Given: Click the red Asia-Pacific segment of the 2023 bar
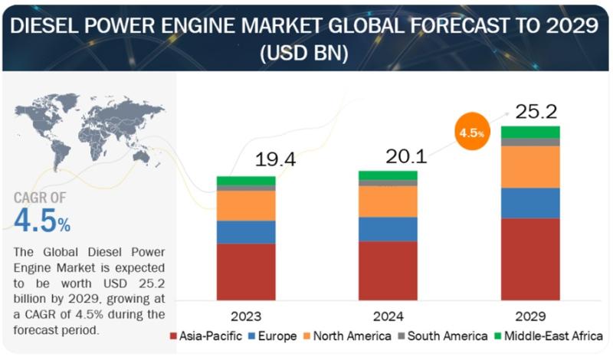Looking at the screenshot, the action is (x=246, y=272).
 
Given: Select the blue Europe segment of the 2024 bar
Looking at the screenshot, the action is (x=388, y=230).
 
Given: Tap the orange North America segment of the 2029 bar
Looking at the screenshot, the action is (x=530, y=167).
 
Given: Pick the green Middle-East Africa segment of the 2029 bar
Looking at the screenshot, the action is (x=530, y=132).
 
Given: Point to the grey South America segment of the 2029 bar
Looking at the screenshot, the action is (x=530, y=142).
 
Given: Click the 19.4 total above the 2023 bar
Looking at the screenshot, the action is (x=275, y=159).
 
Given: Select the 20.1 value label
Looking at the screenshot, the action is (x=406, y=157).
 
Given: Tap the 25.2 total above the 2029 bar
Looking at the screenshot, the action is (x=536, y=112).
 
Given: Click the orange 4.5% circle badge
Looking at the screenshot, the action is (x=472, y=131).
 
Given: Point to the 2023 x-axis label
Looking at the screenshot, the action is (x=246, y=316).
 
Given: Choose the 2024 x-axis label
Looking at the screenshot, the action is (x=388, y=316).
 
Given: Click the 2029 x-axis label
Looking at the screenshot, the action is (x=530, y=316).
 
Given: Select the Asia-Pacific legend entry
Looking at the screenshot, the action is (x=206, y=336).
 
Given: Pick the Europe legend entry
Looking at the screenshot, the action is (x=273, y=336).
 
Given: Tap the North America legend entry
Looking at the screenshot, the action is (x=347, y=336).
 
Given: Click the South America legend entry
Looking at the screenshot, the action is (x=443, y=336).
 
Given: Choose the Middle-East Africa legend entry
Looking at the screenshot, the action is (x=549, y=336).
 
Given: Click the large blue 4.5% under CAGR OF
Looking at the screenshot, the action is (x=42, y=221).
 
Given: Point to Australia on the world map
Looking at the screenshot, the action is (x=141, y=156).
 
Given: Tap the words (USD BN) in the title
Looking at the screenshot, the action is (x=304, y=53).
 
